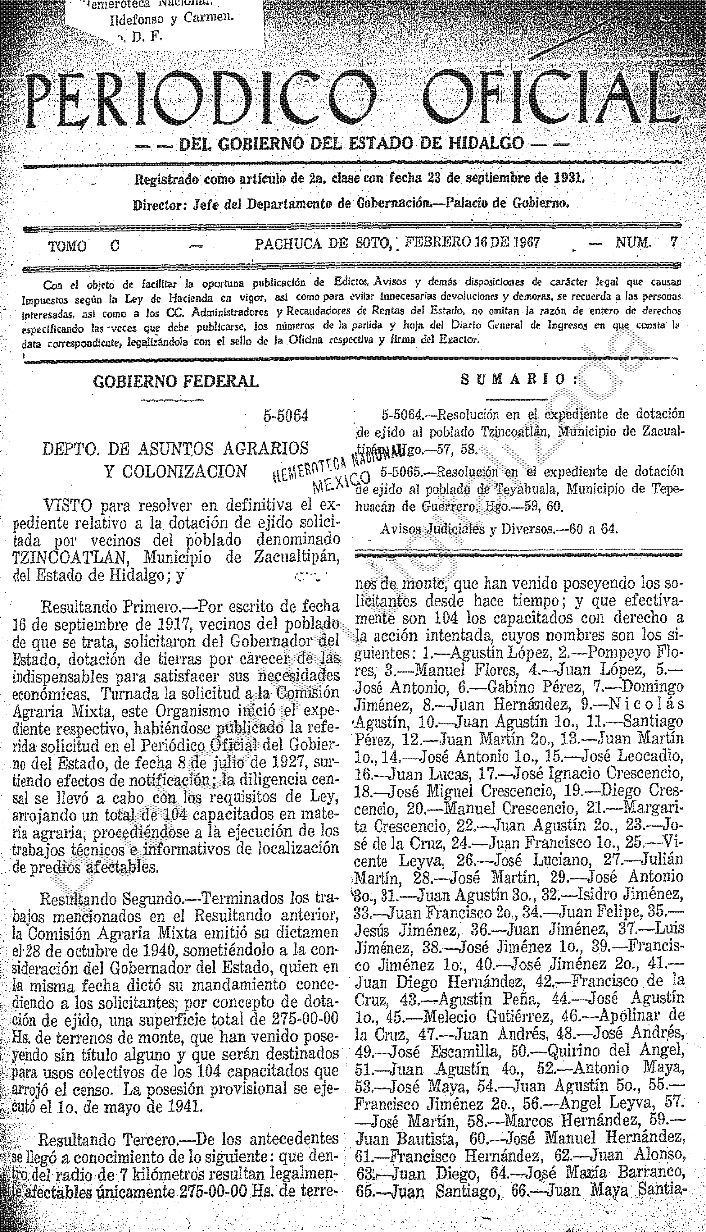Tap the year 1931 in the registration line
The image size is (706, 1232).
click(568, 179)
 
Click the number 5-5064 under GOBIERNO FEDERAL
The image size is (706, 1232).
click(286, 416)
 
